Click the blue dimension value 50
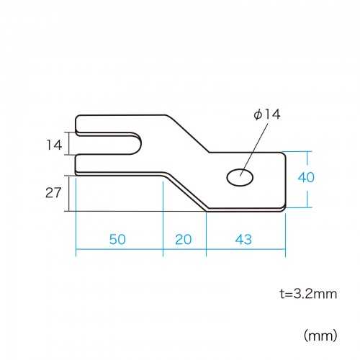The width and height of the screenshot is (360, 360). pyautogui.click(x=117, y=239)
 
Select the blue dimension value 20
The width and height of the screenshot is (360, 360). pyautogui.click(x=184, y=239)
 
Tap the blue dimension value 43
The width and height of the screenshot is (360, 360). pyautogui.click(x=243, y=239)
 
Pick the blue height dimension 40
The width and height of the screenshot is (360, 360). pyautogui.click(x=306, y=177)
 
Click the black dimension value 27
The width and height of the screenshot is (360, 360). pyautogui.click(x=53, y=193)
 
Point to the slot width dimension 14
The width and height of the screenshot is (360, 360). pyautogui.click(x=54, y=145)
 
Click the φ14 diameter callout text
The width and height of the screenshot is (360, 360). pyautogui.click(x=267, y=114)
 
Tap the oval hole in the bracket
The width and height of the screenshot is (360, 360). pyautogui.click(x=240, y=178)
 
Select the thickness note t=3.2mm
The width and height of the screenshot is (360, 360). pyautogui.click(x=308, y=294)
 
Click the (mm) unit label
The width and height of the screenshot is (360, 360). pyautogui.click(x=320, y=336)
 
